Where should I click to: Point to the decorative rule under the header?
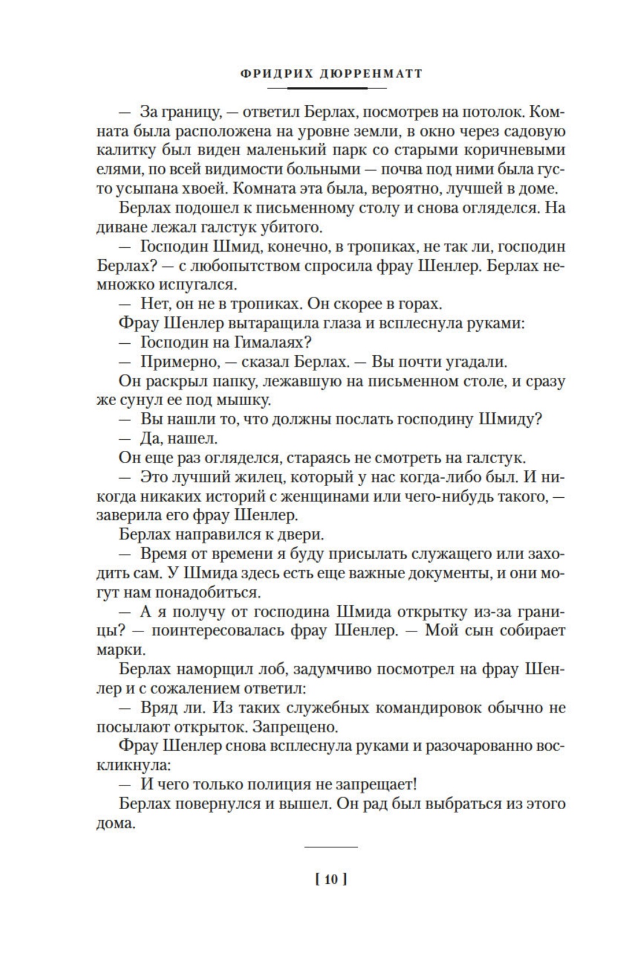327,88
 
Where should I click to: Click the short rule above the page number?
331,847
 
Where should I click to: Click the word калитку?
120,150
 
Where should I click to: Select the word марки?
116,650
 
